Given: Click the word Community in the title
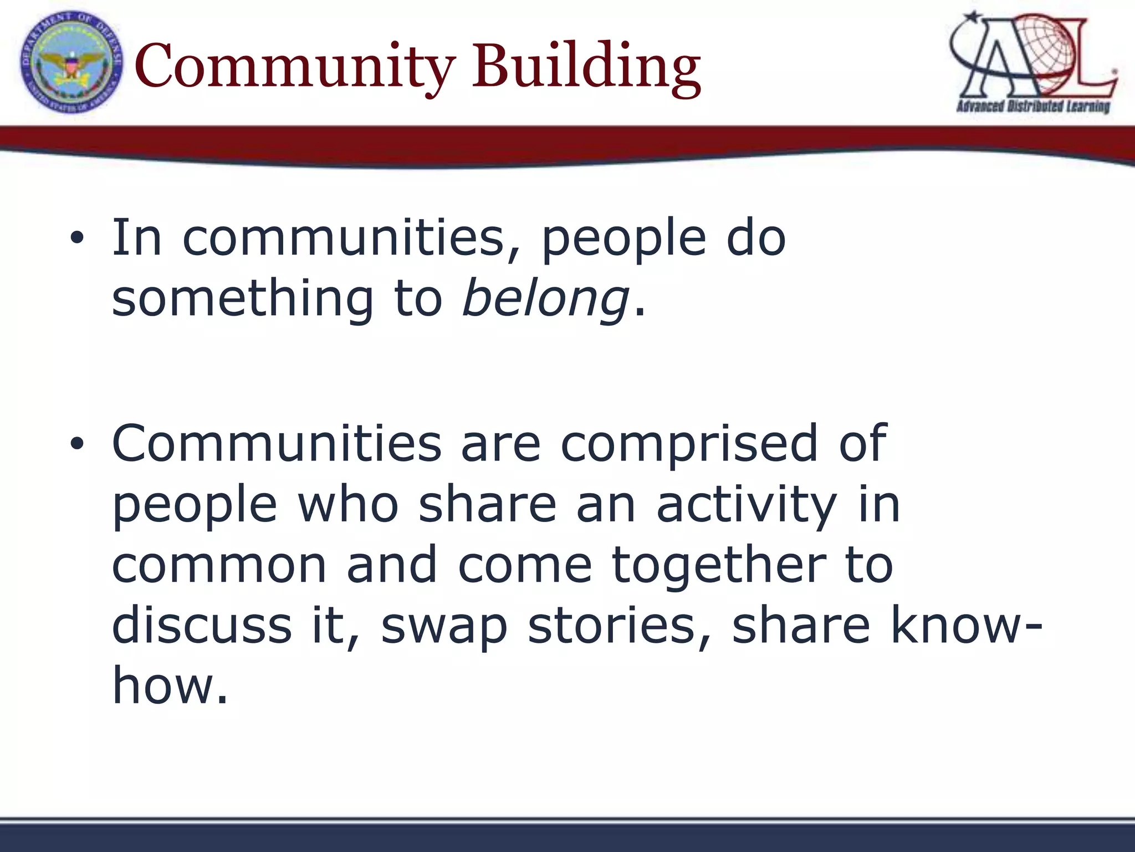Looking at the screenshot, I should [294, 67].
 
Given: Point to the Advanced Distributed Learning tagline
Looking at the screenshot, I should [1033, 106].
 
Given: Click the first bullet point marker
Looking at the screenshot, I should [77, 239].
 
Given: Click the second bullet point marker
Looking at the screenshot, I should [77, 443].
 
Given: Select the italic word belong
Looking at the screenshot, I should [545, 300].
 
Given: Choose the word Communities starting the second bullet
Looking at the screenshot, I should [277, 443].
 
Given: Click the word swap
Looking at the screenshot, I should [444, 627].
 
